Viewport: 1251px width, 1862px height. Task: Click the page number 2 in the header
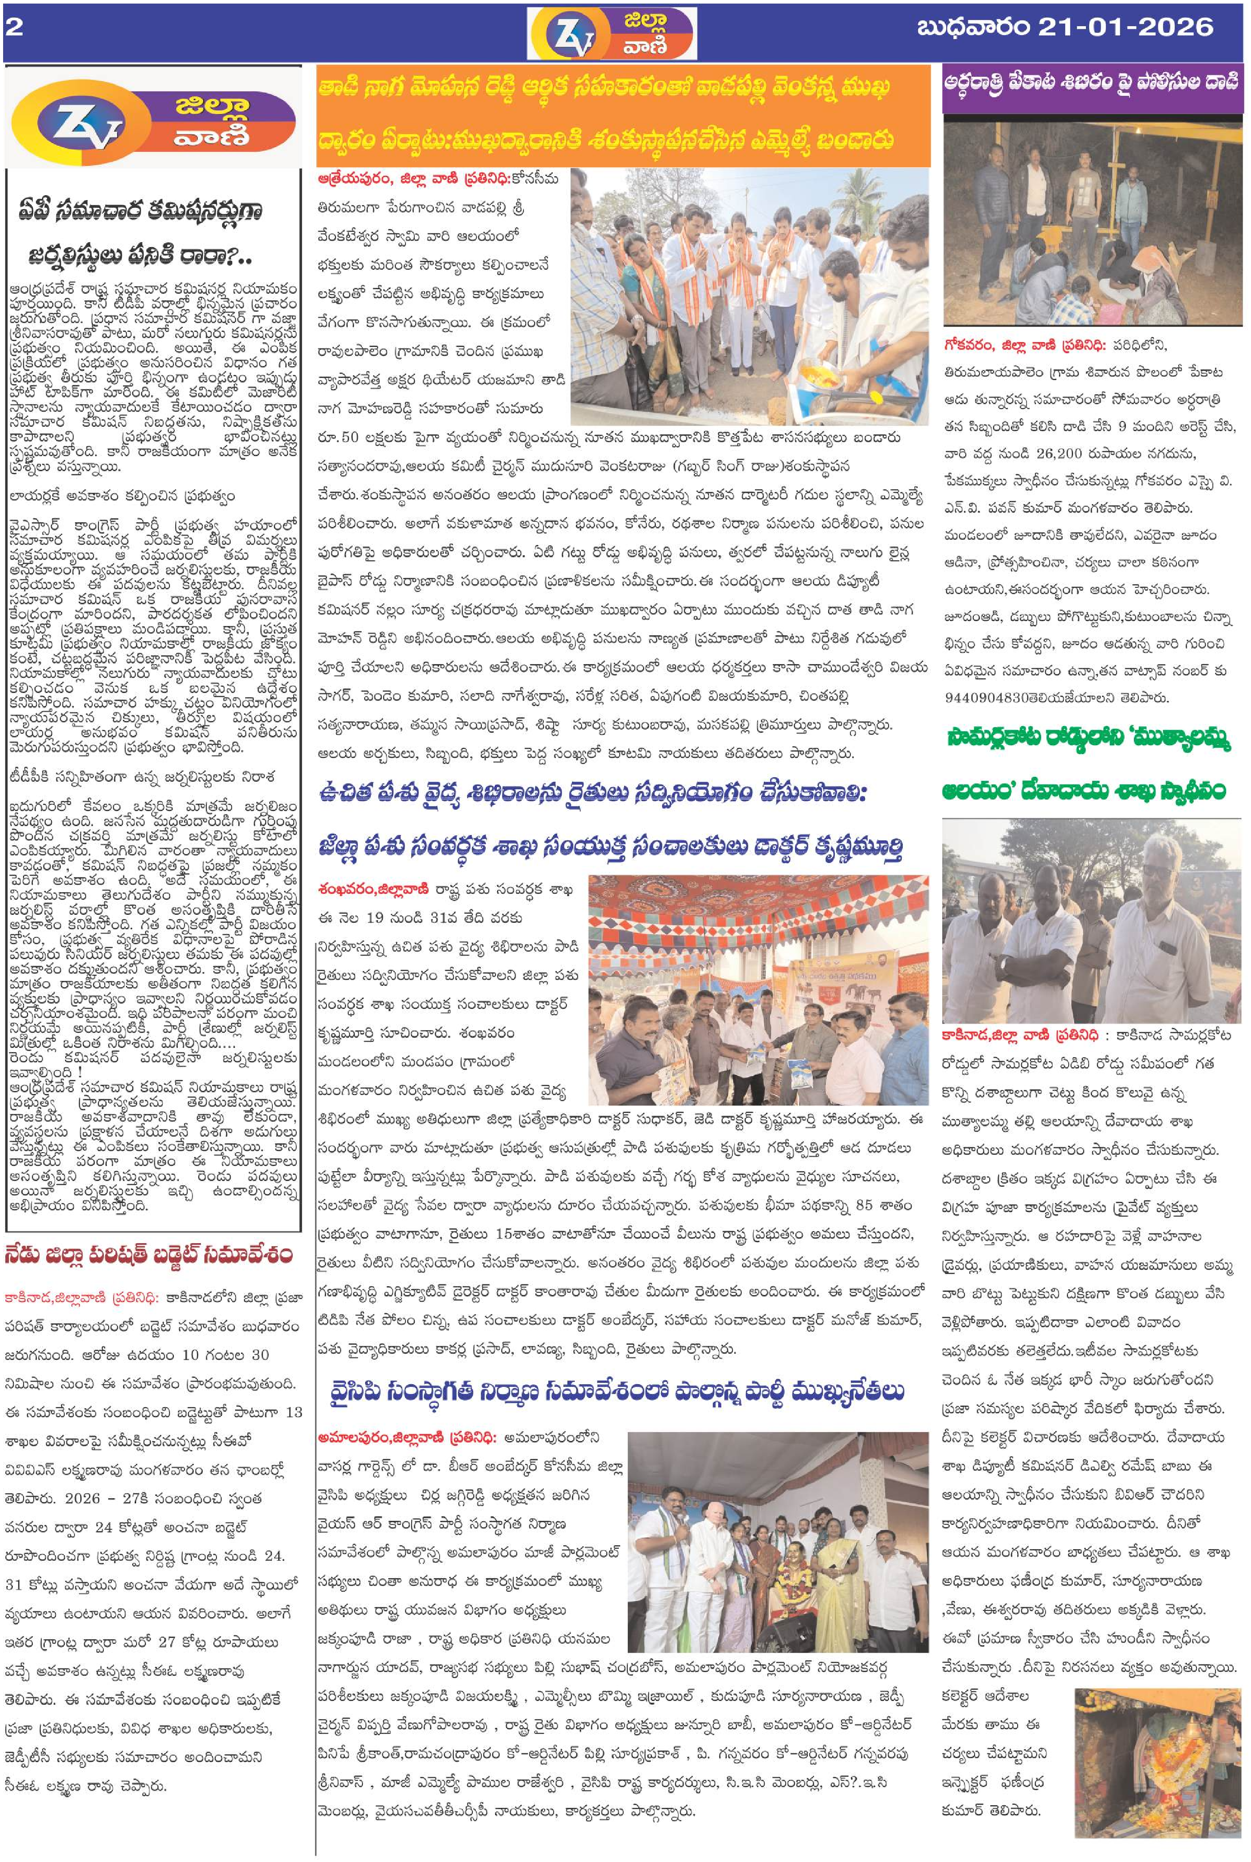click(14, 29)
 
